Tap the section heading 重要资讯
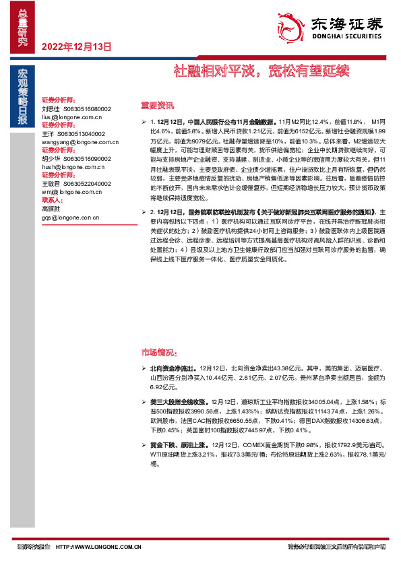pos(157,105)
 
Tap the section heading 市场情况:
pos(159,352)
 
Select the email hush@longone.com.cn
pos(70,167)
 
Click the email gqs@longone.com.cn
pos(70,218)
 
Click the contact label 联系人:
pos(53,200)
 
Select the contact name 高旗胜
pos(51,209)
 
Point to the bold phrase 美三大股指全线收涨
pos(179,401)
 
